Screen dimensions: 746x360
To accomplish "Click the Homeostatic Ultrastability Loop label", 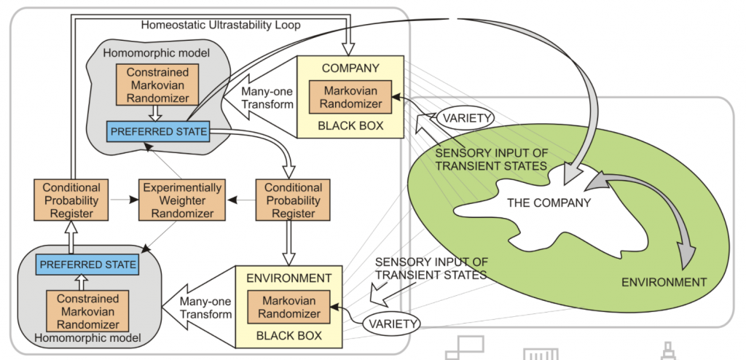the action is [x=221, y=25].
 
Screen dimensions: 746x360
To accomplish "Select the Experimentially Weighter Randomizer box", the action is [x=182, y=200].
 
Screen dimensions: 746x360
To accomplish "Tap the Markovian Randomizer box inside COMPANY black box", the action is [x=350, y=97].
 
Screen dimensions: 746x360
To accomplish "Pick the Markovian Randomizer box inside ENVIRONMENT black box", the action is [x=290, y=307].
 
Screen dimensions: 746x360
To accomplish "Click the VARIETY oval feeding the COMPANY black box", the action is [x=465, y=117].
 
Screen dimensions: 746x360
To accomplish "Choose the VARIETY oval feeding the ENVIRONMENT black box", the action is [x=392, y=324].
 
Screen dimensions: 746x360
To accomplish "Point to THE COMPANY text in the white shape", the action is [x=549, y=203].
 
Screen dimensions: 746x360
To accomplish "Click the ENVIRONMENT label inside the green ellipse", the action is [x=664, y=282].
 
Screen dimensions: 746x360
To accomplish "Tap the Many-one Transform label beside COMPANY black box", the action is [x=267, y=97].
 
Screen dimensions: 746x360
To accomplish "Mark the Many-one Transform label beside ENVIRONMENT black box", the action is [x=205, y=308].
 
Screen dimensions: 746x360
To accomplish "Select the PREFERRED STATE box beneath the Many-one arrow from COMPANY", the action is [x=157, y=131].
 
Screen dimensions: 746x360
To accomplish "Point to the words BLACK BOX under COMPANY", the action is [x=350, y=126].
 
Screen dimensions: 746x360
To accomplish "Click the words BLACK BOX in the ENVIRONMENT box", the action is [x=289, y=336].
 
